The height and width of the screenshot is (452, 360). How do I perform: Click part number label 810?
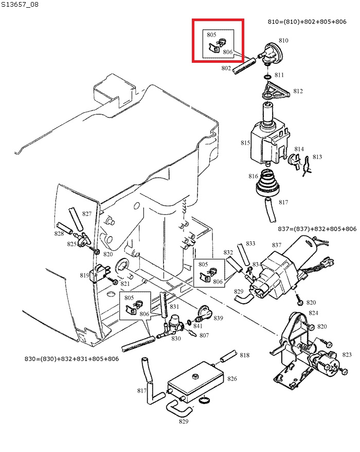point(283,40)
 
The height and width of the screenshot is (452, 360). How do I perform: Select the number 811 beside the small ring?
point(279,75)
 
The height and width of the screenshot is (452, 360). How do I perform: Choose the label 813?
point(317,157)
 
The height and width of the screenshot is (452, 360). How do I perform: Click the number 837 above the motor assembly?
point(276,245)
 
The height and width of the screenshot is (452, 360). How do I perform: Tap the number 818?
point(244,355)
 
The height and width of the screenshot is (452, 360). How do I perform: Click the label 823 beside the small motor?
point(347,354)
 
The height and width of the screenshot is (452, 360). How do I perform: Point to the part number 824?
point(313,313)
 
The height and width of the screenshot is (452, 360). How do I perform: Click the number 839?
point(219,318)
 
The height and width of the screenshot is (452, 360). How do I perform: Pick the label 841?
point(197,326)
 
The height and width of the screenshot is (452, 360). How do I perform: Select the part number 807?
point(204,335)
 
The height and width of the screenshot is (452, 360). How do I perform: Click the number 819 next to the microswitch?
point(84,275)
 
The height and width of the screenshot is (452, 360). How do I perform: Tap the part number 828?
point(59,234)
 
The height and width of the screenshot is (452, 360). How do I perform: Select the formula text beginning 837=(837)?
point(317,229)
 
